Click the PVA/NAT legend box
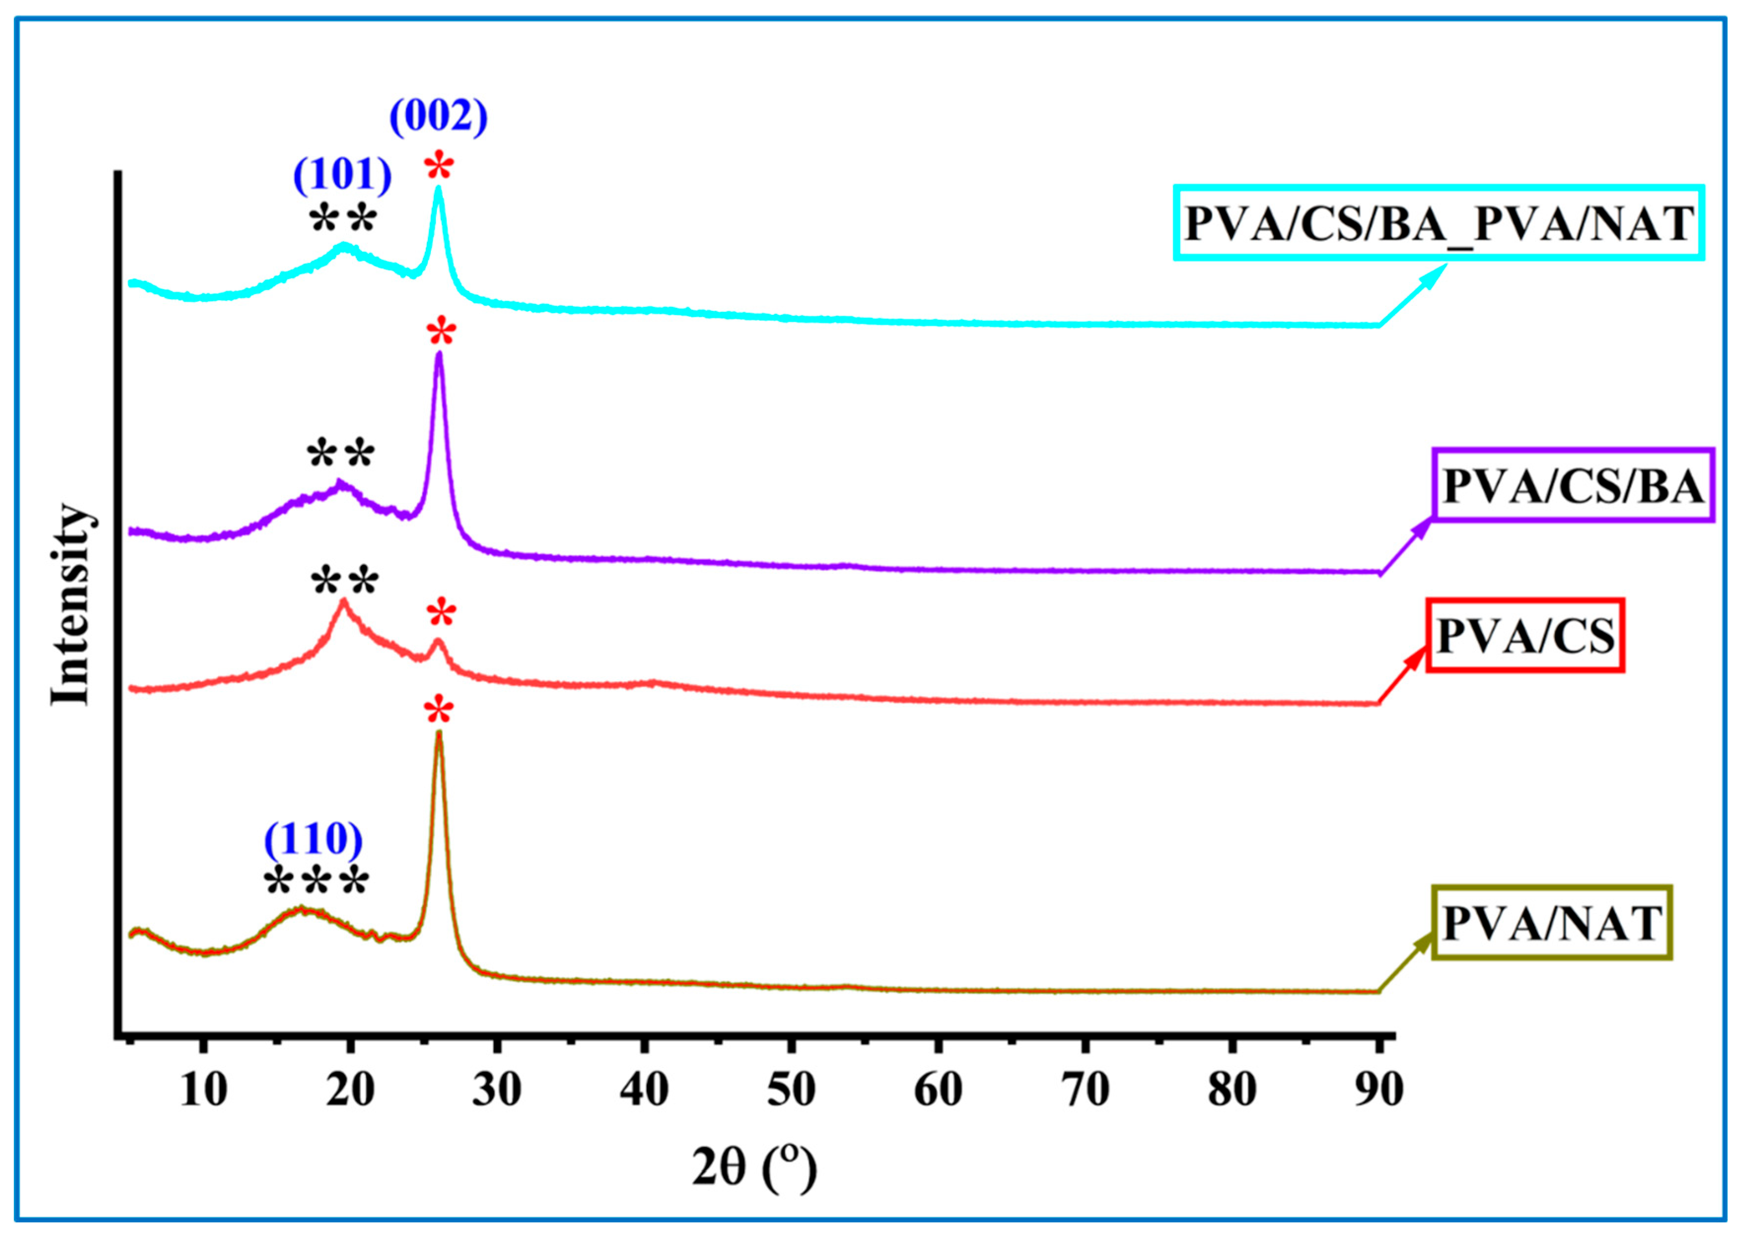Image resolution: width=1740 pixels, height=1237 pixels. pos(1551,923)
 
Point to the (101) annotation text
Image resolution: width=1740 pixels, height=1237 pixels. pos(343,175)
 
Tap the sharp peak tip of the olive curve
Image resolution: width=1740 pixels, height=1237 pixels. pos(439,733)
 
